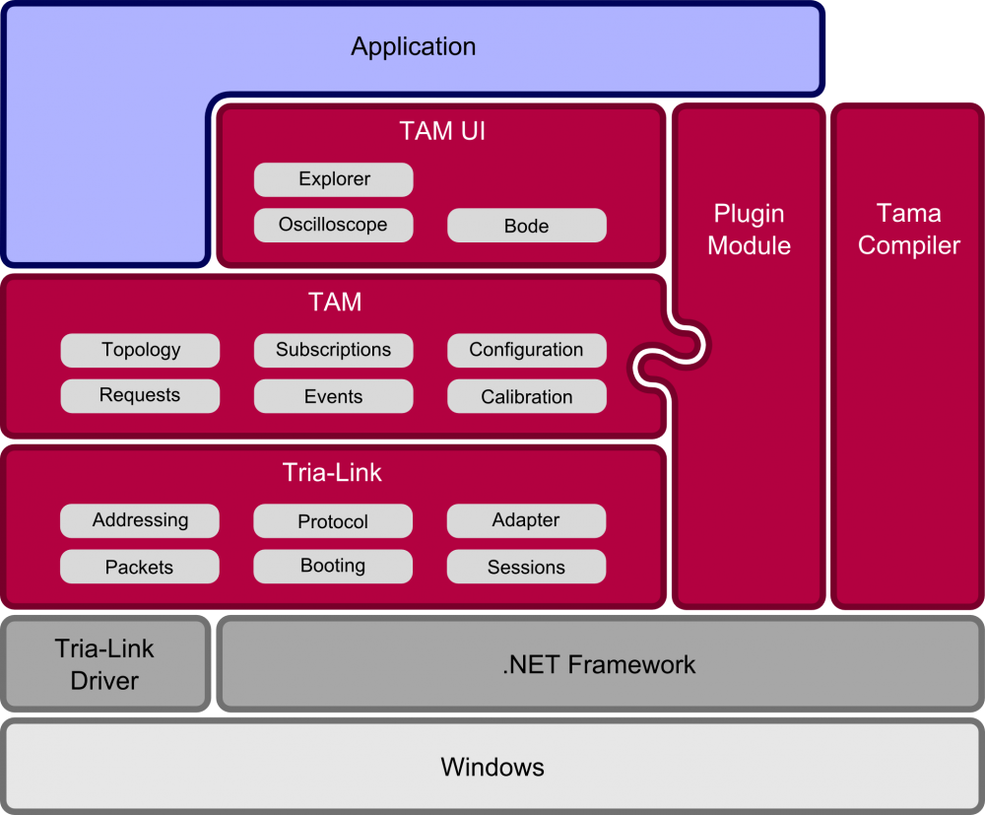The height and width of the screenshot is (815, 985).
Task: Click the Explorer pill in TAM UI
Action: [334, 179]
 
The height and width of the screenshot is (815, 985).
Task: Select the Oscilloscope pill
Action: [334, 225]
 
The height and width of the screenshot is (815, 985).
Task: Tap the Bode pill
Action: [527, 226]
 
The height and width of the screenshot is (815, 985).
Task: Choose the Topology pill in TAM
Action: [141, 350]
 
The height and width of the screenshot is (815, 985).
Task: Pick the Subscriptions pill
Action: [334, 350]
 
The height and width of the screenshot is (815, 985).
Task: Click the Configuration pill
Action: [527, 350]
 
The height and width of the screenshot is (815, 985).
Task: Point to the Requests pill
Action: [141, 396]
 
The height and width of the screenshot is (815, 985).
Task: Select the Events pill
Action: [334, 396]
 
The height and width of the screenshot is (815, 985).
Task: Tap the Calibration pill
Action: [527, 396]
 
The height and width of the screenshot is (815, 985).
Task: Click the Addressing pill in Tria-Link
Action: [141, 520]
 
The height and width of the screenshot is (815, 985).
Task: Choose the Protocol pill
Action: [334, 521]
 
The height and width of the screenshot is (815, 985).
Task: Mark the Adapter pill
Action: [527, 520]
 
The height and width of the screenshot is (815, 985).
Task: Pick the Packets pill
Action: [140, 567]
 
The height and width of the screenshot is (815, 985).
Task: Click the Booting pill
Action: [334, 566]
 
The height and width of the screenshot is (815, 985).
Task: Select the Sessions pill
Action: [527, 567]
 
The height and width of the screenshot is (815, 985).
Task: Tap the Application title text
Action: [414, 46]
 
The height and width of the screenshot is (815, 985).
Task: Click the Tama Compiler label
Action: [909, 230]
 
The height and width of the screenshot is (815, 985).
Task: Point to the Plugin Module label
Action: [750, 230]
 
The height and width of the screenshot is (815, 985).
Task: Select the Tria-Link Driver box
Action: [104, 664]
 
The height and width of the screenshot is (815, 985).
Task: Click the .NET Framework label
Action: [599, 665]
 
